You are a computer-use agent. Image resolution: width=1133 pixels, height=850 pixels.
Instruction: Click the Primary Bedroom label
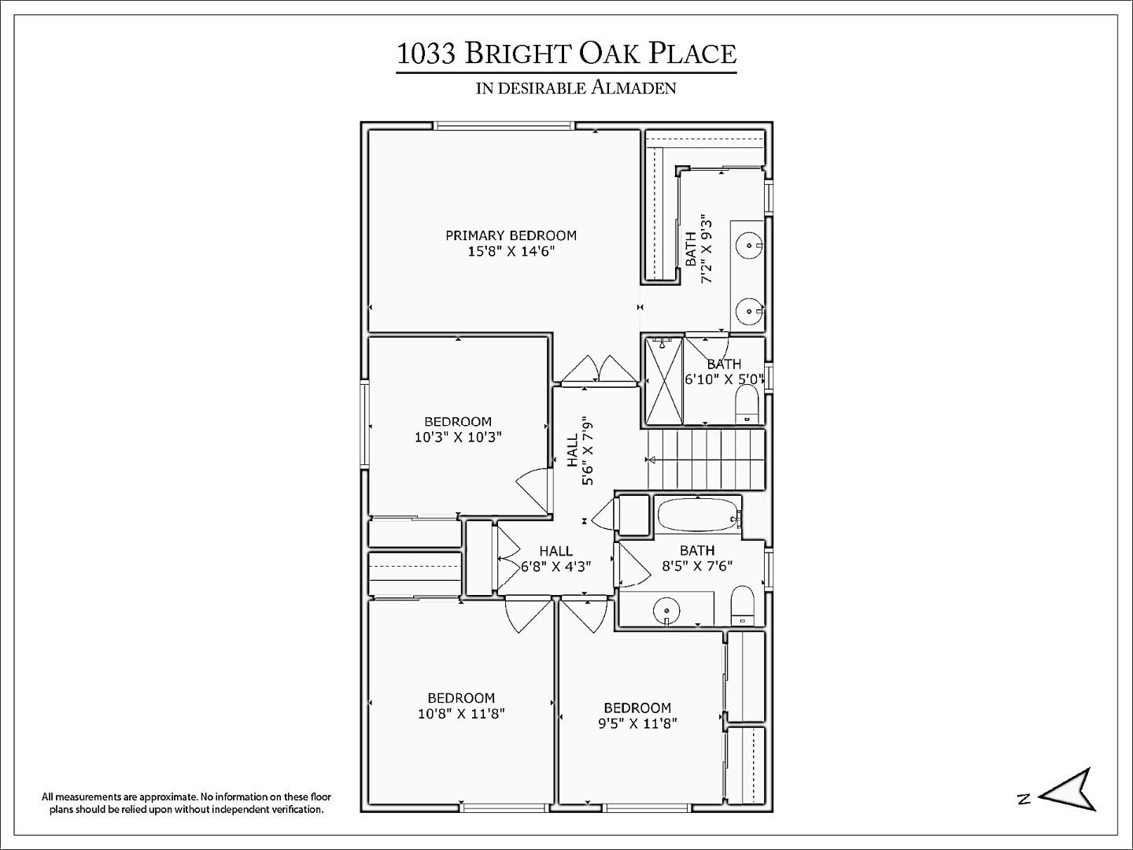pyautogui.click(x=511, y=235)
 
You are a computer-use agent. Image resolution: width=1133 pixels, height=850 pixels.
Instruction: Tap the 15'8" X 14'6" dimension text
pyautogui.click(x=511, y=252)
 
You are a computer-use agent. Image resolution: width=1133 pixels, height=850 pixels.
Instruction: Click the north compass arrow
pyautogui.click(x=1068, y=789)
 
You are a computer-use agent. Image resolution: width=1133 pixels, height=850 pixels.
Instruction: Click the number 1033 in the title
pyautogui.click(x=426, y=54)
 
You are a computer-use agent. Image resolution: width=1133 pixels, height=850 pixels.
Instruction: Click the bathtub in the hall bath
pyautogui.click(x=697, y=516)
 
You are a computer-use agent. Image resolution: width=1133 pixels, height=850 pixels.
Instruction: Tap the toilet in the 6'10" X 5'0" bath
pyautogui.click(x=746, y=406)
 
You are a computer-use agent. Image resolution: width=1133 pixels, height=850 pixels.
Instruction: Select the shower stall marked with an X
pyautogui.click(x=663, y=381)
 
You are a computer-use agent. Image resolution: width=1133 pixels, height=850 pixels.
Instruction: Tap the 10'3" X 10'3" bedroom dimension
pyautogui.click(x=458, y=437)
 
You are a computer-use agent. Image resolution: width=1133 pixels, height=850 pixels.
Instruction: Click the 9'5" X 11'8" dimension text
pyautogui.click(x=637, y=723)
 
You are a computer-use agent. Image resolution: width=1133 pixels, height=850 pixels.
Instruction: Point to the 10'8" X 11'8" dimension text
pyautogui.click(x=461, y=714)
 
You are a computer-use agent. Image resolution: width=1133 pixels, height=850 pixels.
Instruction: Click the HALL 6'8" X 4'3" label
pyautogui.click(x=555, y=558)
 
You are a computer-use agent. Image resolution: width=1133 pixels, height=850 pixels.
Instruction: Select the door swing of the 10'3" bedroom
pyautogui.click(x=533, y=489)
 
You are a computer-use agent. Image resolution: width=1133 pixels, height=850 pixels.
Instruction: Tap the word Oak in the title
pyautogui.click(x=610, y=54)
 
